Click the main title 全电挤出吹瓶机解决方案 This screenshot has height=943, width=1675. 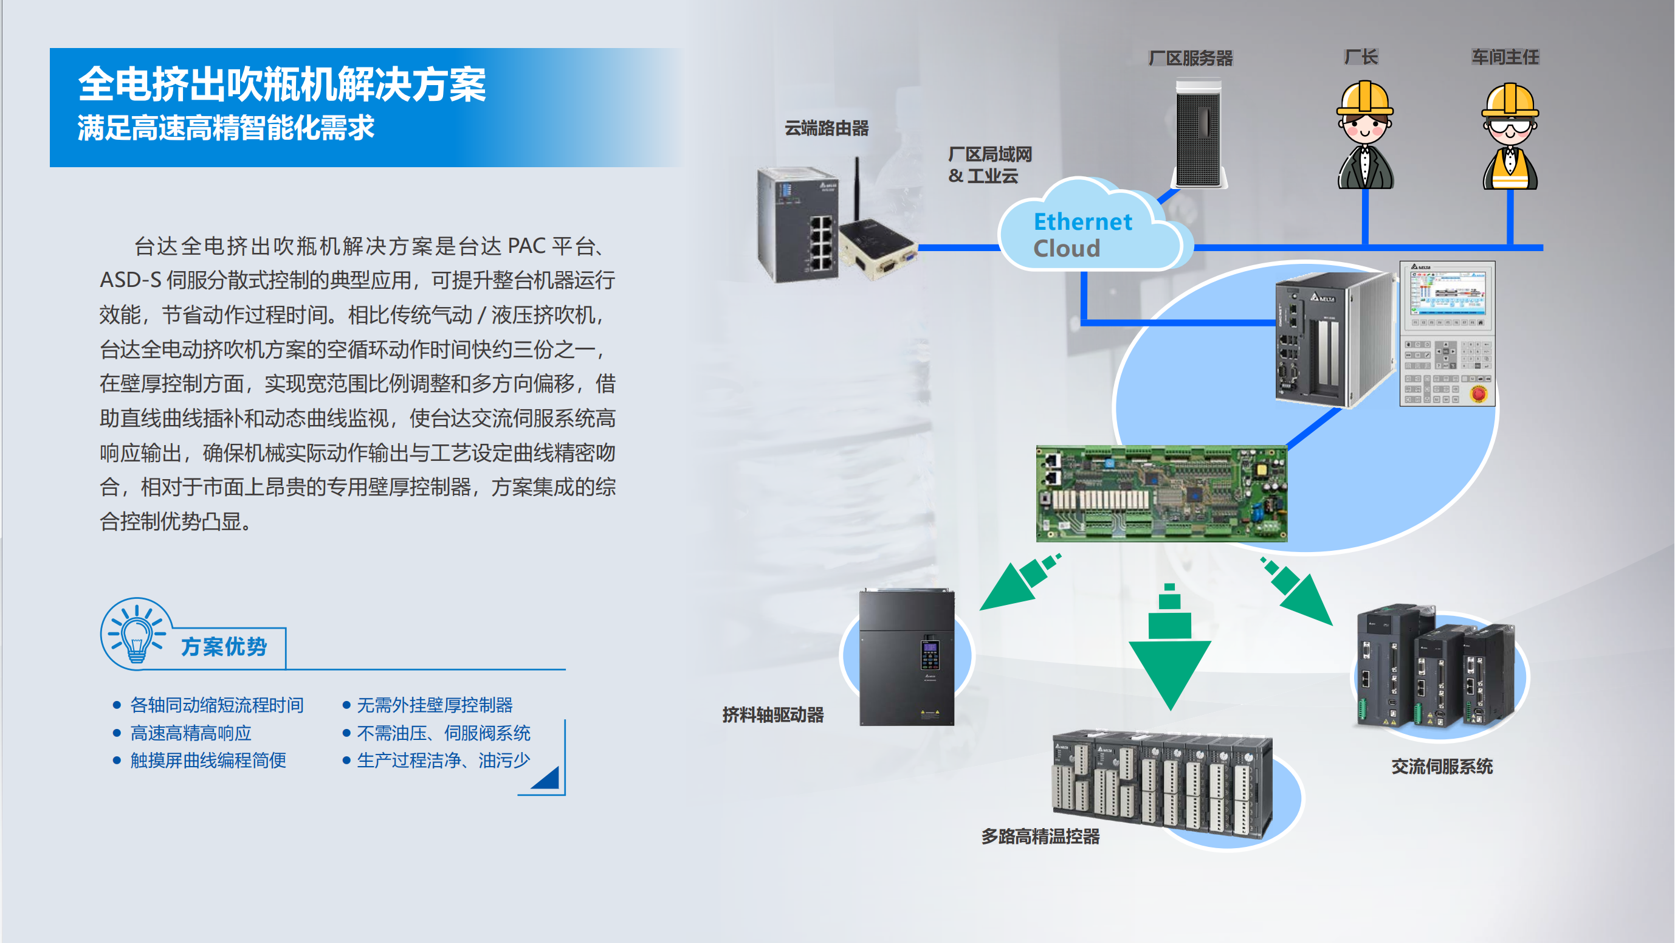(x=281, y=85)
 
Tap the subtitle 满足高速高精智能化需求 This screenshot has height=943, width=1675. (x=225, y=128)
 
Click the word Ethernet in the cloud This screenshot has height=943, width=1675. (x=1082, y=222)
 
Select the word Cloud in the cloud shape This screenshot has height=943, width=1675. (x=1067, y=249)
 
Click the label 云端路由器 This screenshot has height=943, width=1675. (x=827, y=128)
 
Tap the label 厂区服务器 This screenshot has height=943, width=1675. (x=1191, y=58)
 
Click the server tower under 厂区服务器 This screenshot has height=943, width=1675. (x=1199, y=133)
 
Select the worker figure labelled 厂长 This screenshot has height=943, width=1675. (x=1365, y=135)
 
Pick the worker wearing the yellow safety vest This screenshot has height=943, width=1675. (x=1510, y=137)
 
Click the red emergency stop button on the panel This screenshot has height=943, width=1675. (x=1479, y=393)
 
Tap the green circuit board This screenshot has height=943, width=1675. (x=1161, y=493)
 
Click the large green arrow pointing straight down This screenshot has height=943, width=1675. (x=1170, y=647)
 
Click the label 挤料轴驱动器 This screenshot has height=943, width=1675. (x=773, y=716)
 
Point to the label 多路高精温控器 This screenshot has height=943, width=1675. (x=1040, y=837)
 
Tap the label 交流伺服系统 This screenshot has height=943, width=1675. (x=1442, y=767)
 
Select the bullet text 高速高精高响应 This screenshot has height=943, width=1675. (x=190, y=733)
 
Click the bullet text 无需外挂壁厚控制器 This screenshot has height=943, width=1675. (x=435, y=705)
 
